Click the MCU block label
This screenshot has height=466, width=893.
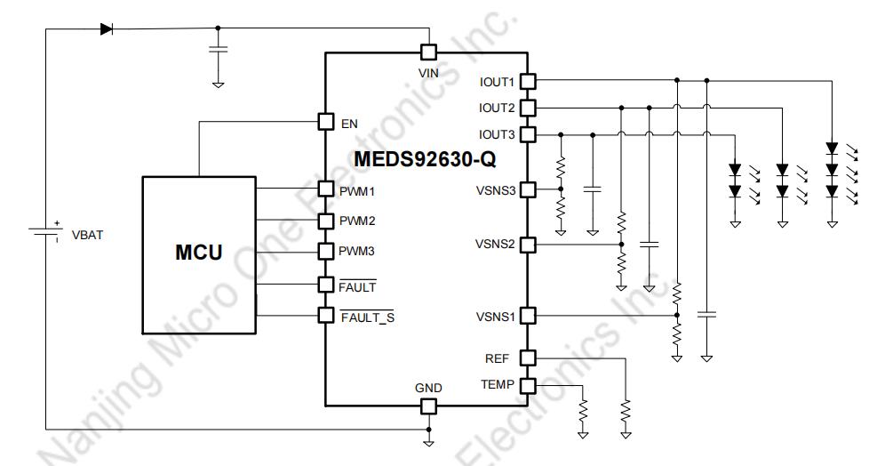tap(199, 252)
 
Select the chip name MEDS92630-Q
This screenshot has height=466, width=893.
tap(425, 158)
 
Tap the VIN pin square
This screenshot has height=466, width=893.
tap(428, 52)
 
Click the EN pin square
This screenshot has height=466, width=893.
tap(326, 121)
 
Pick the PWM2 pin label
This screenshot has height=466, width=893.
tap(357, 221)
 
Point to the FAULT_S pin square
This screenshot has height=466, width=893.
tap(326, 315)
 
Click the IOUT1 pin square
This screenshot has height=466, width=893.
tap(528, 82)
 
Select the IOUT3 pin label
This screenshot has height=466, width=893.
tap(497, 135)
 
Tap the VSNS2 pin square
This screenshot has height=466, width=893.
tap(528, 245)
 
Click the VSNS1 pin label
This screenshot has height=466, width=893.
tap(496, 317)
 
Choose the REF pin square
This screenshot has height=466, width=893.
tap(528, 358)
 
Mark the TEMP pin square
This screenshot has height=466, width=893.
tap(528, 386)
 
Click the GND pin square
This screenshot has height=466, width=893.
tap(428, 406)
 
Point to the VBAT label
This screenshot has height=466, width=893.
tap(87, 235)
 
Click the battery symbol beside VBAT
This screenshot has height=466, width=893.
tap(45, 231)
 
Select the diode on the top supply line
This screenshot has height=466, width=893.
tap(107, 29)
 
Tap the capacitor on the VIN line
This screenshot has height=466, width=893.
tap(218, 49)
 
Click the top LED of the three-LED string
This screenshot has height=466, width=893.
tap(832, 149)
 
